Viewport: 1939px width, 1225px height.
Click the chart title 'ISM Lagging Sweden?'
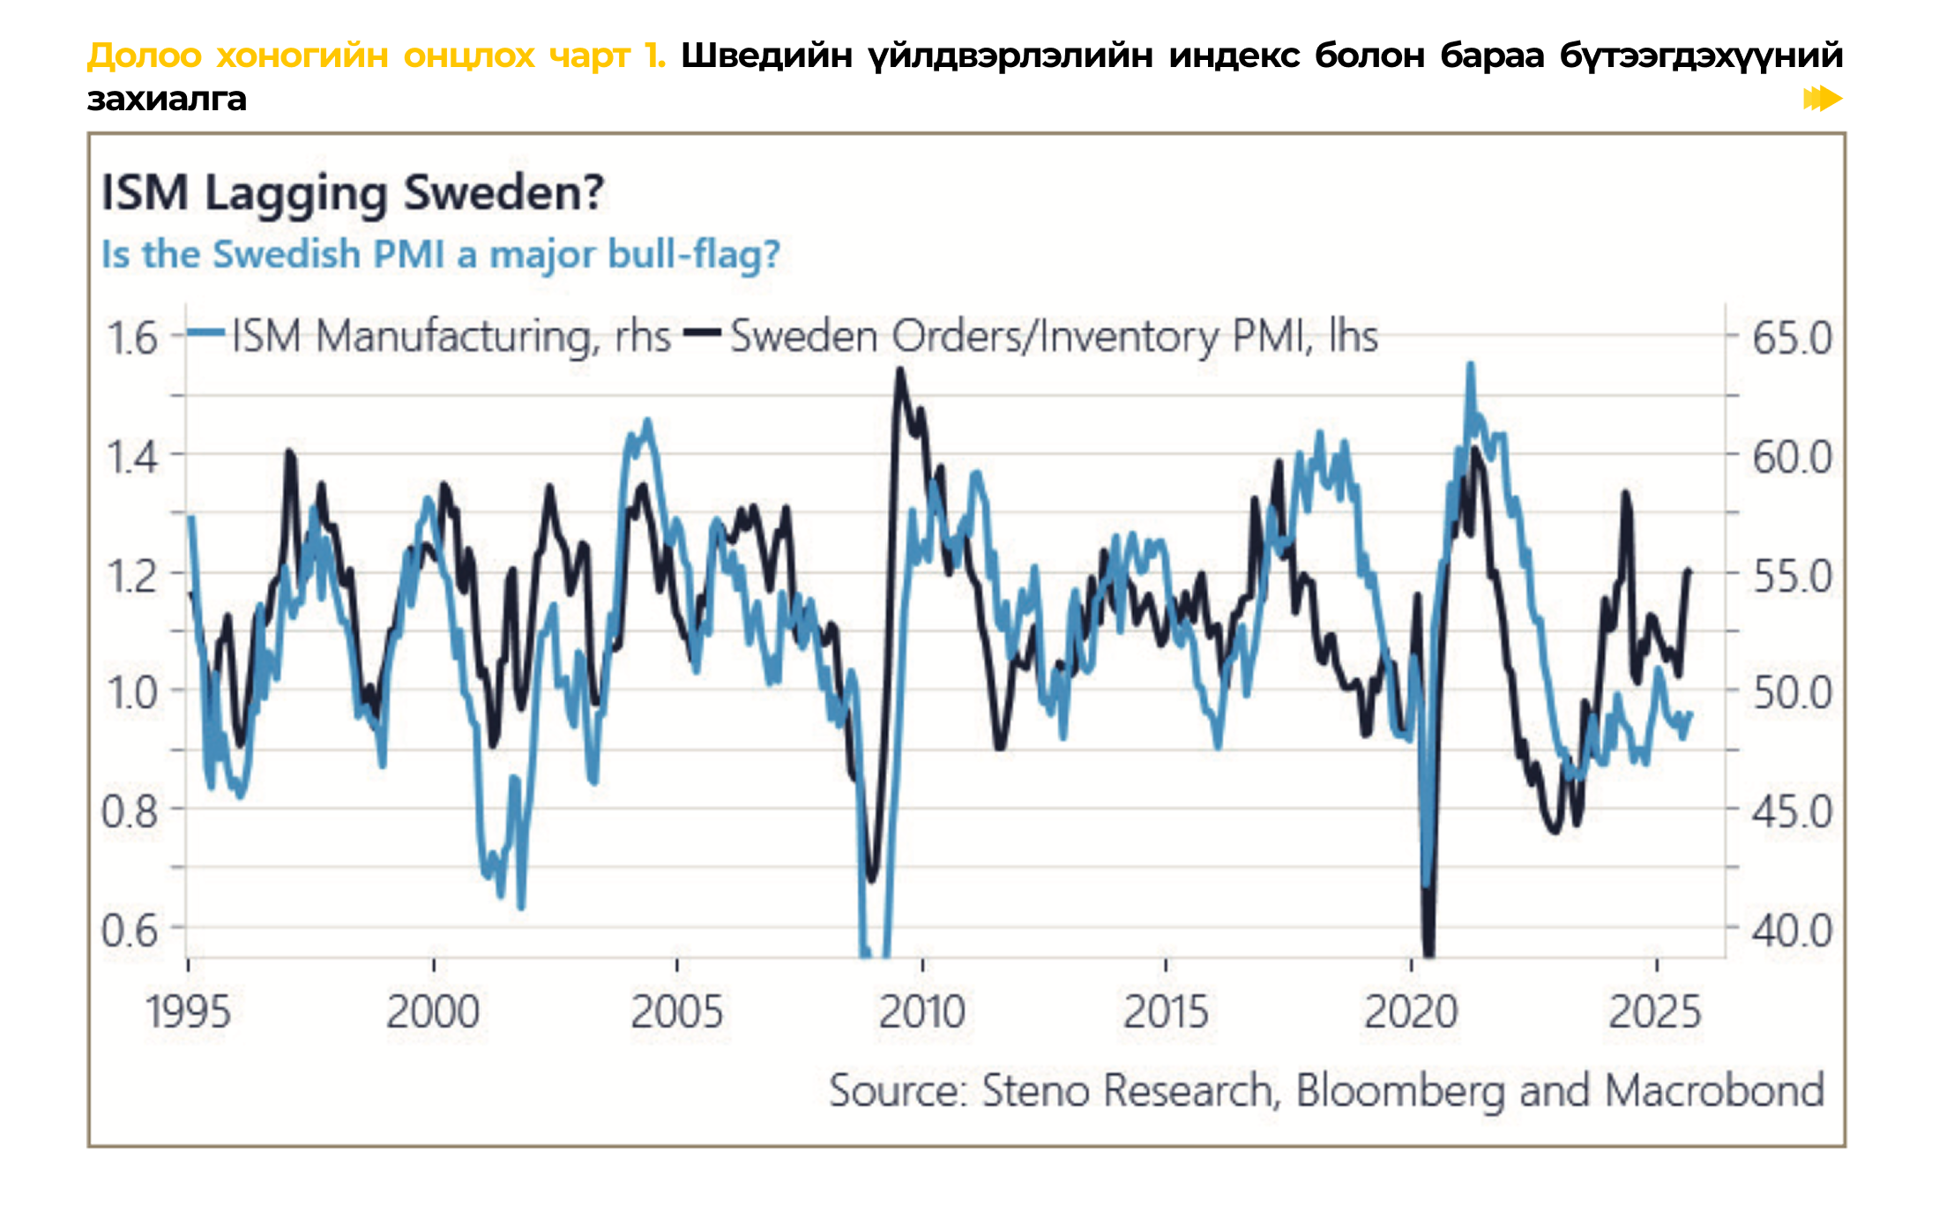353,192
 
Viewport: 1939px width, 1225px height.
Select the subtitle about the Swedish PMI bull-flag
441,255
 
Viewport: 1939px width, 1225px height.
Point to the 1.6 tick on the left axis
132,339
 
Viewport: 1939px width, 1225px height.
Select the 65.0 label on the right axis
1792,339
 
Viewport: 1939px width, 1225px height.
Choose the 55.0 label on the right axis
1792,577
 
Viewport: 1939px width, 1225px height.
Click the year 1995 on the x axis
188,1012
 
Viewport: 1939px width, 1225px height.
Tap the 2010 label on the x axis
922,1012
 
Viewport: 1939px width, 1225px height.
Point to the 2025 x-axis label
1654,1012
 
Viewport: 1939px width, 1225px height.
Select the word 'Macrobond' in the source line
1714,1091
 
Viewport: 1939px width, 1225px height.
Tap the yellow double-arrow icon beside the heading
1823,99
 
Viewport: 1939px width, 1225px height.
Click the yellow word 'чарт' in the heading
588,56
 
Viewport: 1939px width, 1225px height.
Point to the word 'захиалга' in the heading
167,99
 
